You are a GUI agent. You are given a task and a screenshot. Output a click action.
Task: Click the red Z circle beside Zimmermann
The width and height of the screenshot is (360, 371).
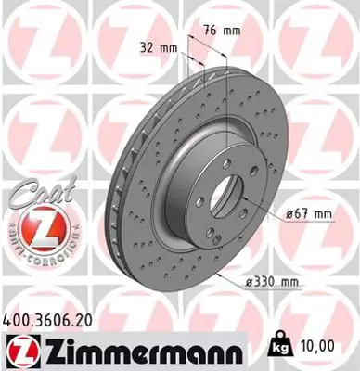(x=21, y=350)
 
